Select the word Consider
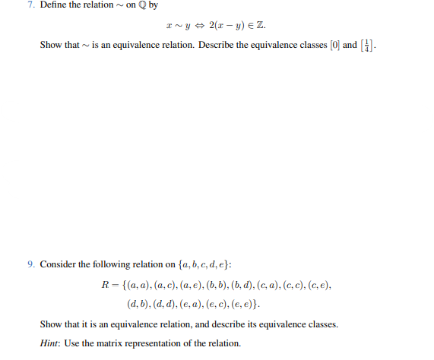(x=58, y=264)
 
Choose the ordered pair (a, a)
(x=138, y=285)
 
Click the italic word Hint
(x=50, y=343)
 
